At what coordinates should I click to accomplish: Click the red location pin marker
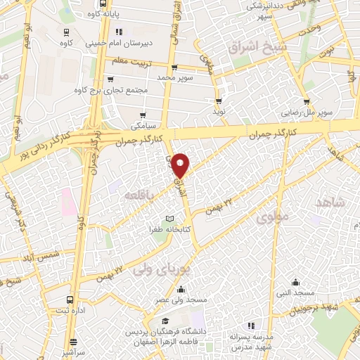(x=181, y=165)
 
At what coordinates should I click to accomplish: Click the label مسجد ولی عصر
(x=182, y=300)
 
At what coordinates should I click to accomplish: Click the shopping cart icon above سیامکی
(x=143, y=115)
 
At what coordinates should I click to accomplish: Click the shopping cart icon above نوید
(x=219, y=101)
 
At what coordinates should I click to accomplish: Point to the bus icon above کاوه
(x=66, y=32)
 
